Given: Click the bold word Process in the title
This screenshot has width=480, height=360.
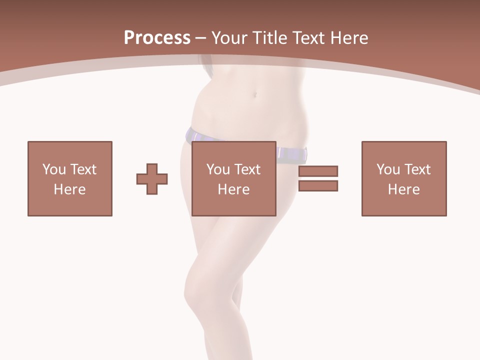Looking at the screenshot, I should (x=157, y=38).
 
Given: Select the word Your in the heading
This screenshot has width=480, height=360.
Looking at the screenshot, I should (x=229, y=38).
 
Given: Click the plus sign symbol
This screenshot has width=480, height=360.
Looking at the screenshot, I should (x=152, y=179).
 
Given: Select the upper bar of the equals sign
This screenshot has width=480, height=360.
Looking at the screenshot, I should (x=318, y=171).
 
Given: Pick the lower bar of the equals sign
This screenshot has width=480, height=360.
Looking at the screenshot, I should (x=318, y=185).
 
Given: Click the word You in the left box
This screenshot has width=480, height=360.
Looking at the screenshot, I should (x=54, y=169).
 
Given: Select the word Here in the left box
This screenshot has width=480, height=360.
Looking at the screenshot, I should (x=69, y=189).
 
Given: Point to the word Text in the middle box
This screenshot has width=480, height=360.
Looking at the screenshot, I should (x=247, y=169).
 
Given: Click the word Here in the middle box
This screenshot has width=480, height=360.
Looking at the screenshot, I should (x=233, y=189).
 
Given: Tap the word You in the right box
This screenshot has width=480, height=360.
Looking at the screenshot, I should (x=388, y=169).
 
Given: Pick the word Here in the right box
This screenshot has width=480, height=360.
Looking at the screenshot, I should (x=403, y=189).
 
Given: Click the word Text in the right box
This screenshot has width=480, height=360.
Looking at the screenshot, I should (x=417, y=169).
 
